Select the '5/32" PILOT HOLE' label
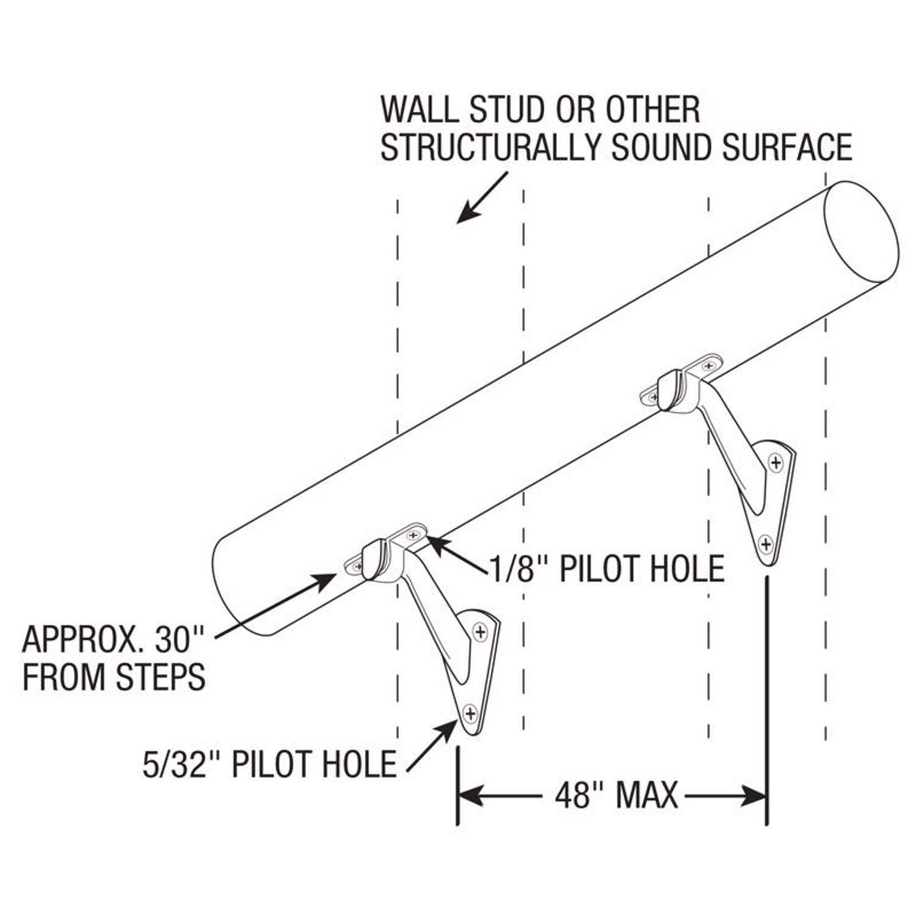coord(269,763)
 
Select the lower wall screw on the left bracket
coord(470,712)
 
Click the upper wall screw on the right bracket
coord(776,462)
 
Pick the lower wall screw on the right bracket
coord(765,543)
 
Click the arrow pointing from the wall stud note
coord(482,198)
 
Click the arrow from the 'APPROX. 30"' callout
coord(275,605)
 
